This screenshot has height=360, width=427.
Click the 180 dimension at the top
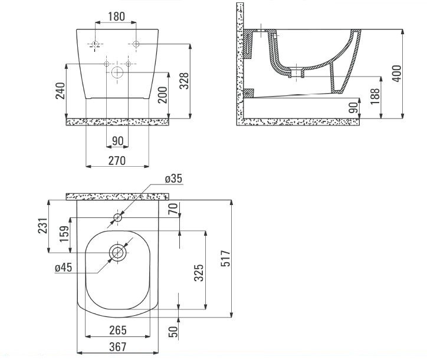pyautogui.click(x=116, y=16)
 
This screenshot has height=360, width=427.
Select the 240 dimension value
pyautogui.click(x=60, y=91)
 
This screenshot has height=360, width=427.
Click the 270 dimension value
pyautogui.click(x=116, y=161)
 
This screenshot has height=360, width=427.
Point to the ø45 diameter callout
pyautogui.click(x=63, y=268)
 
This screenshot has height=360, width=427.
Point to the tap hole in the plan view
pyautogui.click(x=117, y=219)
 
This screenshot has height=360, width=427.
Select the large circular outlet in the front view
pyautogui.click(x=117, y=73)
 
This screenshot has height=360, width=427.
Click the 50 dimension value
pyautogui.click(x=173, y=331)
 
